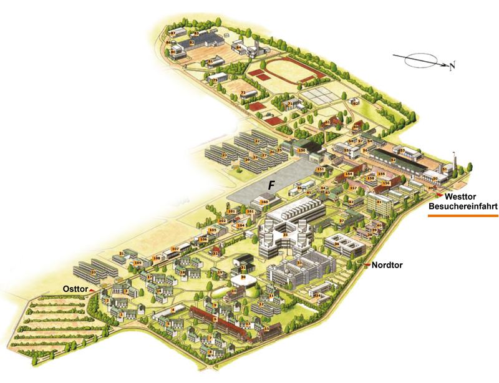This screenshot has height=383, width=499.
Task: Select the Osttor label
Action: [x=75, y=288]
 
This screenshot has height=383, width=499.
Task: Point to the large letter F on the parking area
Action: [x=271, y=185]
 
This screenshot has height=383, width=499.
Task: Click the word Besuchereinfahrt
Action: [x=462, y=206]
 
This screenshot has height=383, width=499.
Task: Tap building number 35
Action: [x=285, y=235]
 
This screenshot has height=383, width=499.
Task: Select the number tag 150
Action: [x=302, y=150]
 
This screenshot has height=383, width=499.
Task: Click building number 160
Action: [x=264, y=202]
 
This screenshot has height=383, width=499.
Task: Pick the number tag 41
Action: [x=379, y=202]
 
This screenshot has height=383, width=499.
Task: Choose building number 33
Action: [x=299, y=263]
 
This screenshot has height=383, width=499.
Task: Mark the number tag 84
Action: [x=238, y=47]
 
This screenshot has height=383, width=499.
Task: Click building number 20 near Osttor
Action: [x=93, y=273]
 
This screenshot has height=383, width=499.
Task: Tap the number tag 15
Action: [x=266, y=328]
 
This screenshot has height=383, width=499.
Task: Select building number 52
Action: [x=393, y=160]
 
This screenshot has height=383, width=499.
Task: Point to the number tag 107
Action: [x=175, y=250]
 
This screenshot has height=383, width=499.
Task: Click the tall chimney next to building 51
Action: [x=455, y=158]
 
